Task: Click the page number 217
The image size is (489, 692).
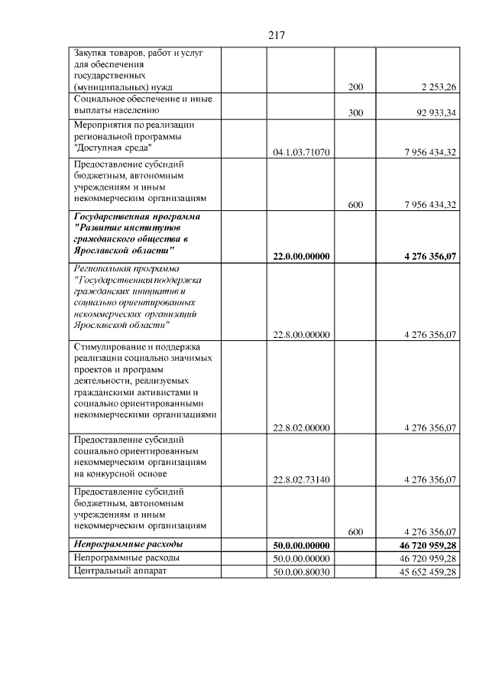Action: (x=277, y=35)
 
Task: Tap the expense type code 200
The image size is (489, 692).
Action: (x=355, y=88)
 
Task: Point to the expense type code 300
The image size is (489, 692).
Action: (x=355, y=113)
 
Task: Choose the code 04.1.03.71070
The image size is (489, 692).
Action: (x=301, y=153)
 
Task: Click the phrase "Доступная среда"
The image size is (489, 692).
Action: (x=112, y=147)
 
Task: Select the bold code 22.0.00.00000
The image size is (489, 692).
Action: (x=301, y=257)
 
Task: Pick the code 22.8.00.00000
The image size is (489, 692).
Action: (x=301, y=334)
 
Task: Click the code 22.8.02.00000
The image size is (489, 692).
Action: (x=301, y=427)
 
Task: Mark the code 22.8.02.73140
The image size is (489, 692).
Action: (x=301, y=480)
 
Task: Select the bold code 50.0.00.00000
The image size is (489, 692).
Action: (x=301, y=545)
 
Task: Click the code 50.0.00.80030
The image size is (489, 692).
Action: (x=301, y=572)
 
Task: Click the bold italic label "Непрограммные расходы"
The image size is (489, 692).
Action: (x=128, y=544)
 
